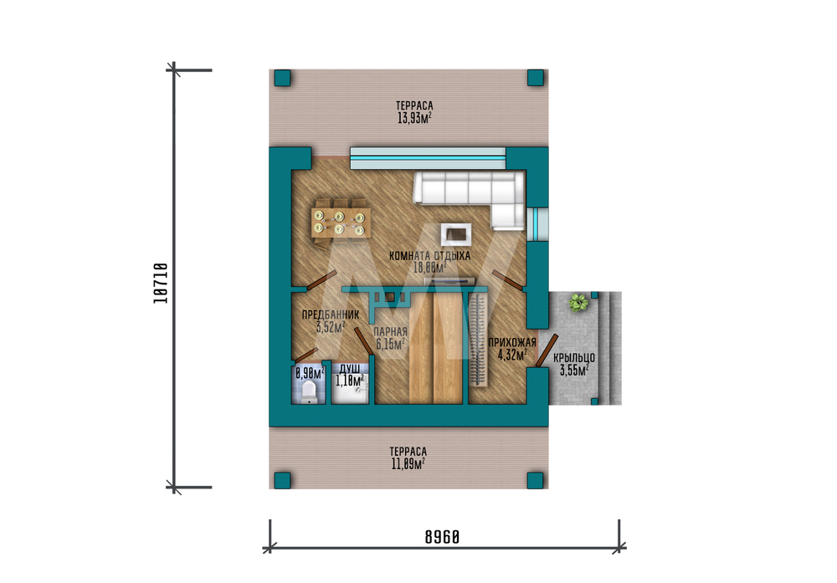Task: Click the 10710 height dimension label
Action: [161, 284]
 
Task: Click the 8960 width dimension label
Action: [442, 537]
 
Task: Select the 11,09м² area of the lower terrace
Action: [408, 464]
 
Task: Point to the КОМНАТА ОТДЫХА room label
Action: [429, 256]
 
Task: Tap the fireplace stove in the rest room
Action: [456, 233]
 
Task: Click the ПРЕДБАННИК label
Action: [331, 315]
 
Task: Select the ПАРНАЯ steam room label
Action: [390, 332]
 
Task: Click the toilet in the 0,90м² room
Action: [309, 391]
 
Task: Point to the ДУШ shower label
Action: [350, 369]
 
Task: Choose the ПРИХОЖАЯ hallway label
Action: [512, 342]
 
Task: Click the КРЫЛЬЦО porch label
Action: [574, 358]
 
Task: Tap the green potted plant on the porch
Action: [578, 303]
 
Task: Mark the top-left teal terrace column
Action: [282, 78]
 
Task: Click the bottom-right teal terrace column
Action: [536, 480]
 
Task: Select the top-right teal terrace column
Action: [536, 77]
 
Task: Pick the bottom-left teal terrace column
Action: [282, 480]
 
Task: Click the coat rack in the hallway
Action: [478, 340]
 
